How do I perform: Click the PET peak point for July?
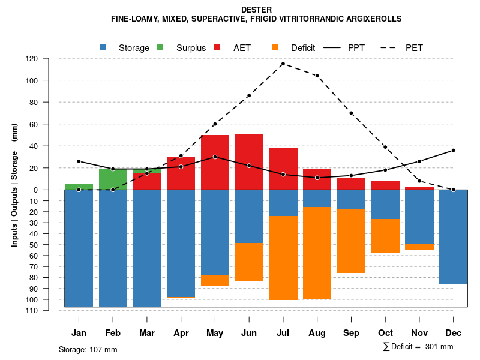click(283, 64)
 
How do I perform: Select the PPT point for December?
click(454, 150)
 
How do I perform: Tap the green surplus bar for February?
click(113, 179)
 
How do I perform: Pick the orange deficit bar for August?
click(317, 253)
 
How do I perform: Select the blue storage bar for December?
click(454, 236)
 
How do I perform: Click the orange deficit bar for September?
click(352, 241)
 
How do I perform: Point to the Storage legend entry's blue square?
click(103, 47)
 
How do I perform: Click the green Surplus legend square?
click(160, 47)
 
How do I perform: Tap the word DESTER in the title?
click(256, 10)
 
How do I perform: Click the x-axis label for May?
click(215, 333)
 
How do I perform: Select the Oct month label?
click(385, 333)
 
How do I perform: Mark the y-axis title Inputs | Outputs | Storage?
click(14, 185)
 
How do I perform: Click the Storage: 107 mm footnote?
click(88, 349)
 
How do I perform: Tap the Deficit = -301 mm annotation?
click(418, 347)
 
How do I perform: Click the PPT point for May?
click(215, 157)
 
